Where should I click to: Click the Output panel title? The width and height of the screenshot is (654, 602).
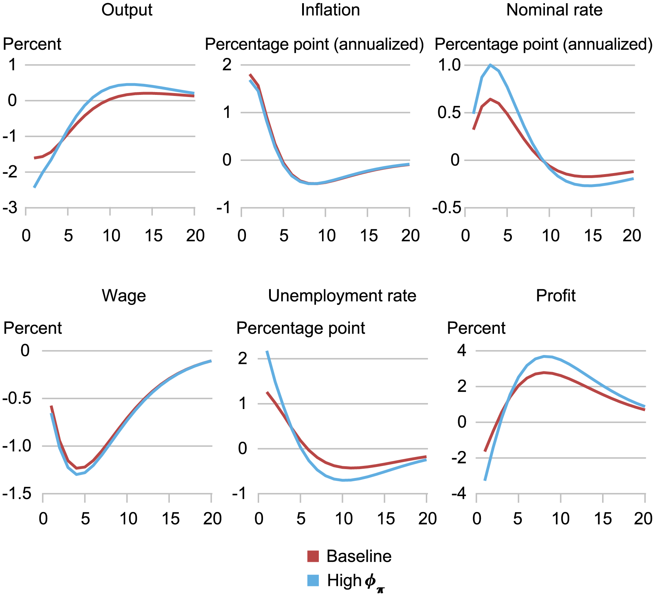click(x=127, y=10)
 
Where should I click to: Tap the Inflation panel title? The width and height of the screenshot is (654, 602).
click(x=330, y=10)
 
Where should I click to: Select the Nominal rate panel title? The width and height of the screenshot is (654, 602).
click(x=554, y=10)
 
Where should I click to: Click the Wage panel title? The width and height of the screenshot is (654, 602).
click(x=124, y=296)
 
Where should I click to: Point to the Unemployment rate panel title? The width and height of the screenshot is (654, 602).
click(x=342, y=296)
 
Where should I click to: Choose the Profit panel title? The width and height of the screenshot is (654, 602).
click(x=556, y=296)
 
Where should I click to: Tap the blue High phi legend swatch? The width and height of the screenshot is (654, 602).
click(x=313, y=580)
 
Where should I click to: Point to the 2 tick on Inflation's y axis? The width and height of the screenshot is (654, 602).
click(x=226, y=65)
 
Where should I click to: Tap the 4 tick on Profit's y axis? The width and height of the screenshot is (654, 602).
click(x=461, y=351)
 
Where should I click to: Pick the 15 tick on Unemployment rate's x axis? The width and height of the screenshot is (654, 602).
click(x=385, y=519)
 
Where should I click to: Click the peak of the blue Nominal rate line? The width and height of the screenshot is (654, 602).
click(x=490, y=65)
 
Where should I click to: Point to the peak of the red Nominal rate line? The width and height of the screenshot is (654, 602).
click(x=490, y=99)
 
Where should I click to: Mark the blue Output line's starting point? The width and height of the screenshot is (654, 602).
click(x=34, y=187)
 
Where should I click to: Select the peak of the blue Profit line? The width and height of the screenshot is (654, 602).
click(x=544, y=356)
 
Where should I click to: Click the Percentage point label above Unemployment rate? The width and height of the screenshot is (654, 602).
click(x=300, y=328)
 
